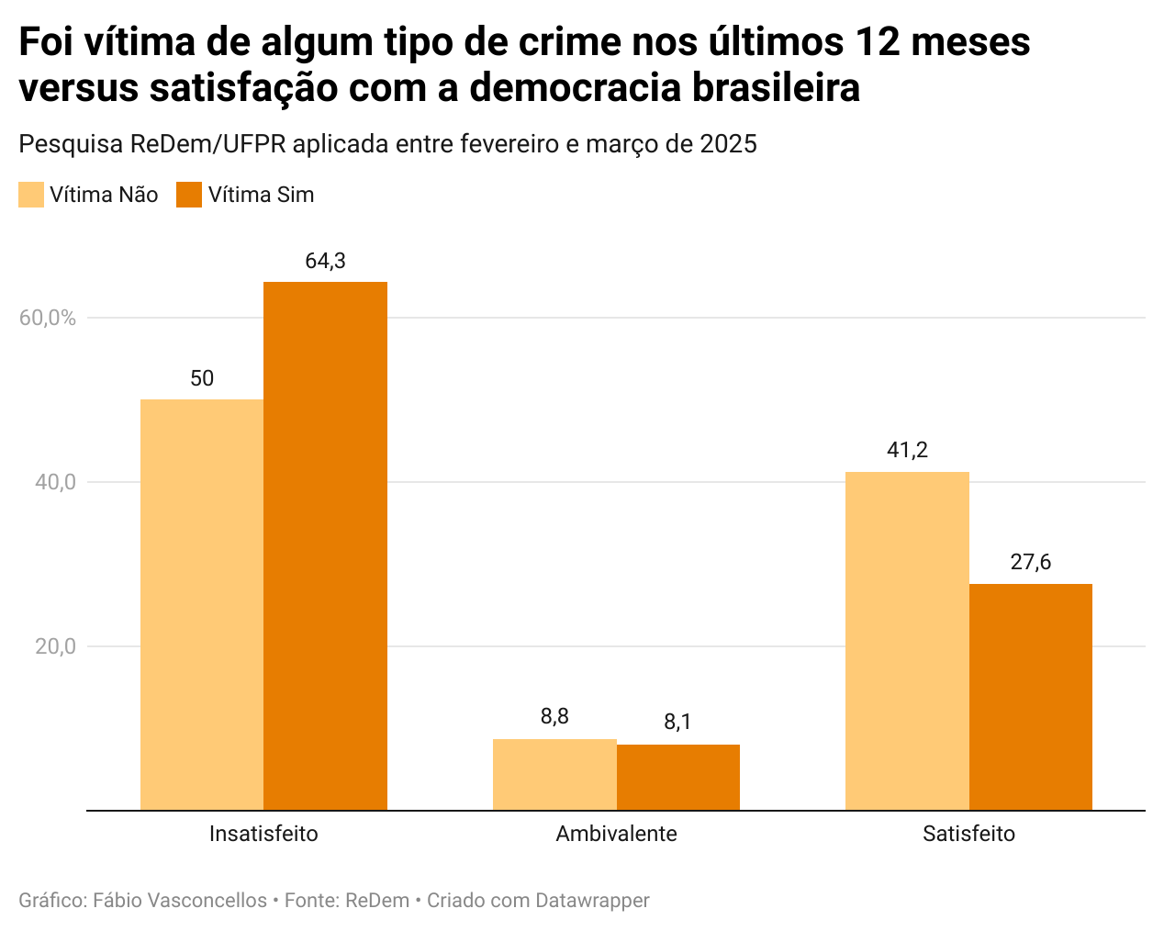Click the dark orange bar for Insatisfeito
325,545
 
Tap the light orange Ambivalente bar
554,774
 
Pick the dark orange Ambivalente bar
677,777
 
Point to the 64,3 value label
325,262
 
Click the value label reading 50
202,378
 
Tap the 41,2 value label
907,450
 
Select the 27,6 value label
1030,562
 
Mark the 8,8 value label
554,717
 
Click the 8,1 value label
677,723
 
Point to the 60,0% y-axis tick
47,318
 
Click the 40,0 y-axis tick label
55,482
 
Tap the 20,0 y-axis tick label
55,646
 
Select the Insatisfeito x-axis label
263,834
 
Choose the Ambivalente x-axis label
616,834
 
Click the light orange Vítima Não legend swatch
31,195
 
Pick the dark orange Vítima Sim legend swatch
189,195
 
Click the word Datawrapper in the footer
592,901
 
